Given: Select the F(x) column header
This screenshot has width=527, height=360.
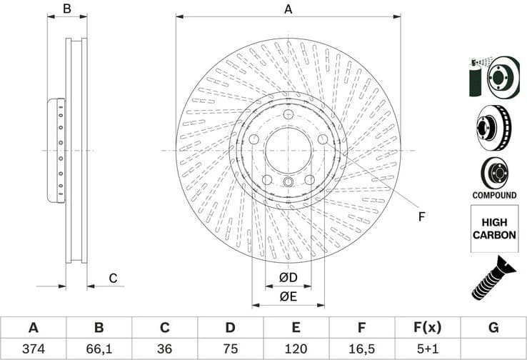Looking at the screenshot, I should point(427,328).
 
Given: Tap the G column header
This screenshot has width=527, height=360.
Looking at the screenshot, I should point(493,328).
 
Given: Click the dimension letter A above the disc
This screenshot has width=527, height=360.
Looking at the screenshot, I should point(288,9).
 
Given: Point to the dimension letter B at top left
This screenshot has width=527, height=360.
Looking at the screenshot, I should point(67,9).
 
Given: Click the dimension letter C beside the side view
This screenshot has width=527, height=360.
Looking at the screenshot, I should point(113,278).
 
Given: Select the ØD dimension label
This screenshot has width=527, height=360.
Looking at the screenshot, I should point(288,277).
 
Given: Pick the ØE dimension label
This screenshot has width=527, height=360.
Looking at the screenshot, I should point(288,296).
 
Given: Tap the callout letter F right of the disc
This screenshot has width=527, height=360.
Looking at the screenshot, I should point(421,216).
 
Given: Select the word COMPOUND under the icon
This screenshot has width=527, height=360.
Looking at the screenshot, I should point(494,195).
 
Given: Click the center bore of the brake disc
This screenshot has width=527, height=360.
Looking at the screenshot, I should point(288,151).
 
